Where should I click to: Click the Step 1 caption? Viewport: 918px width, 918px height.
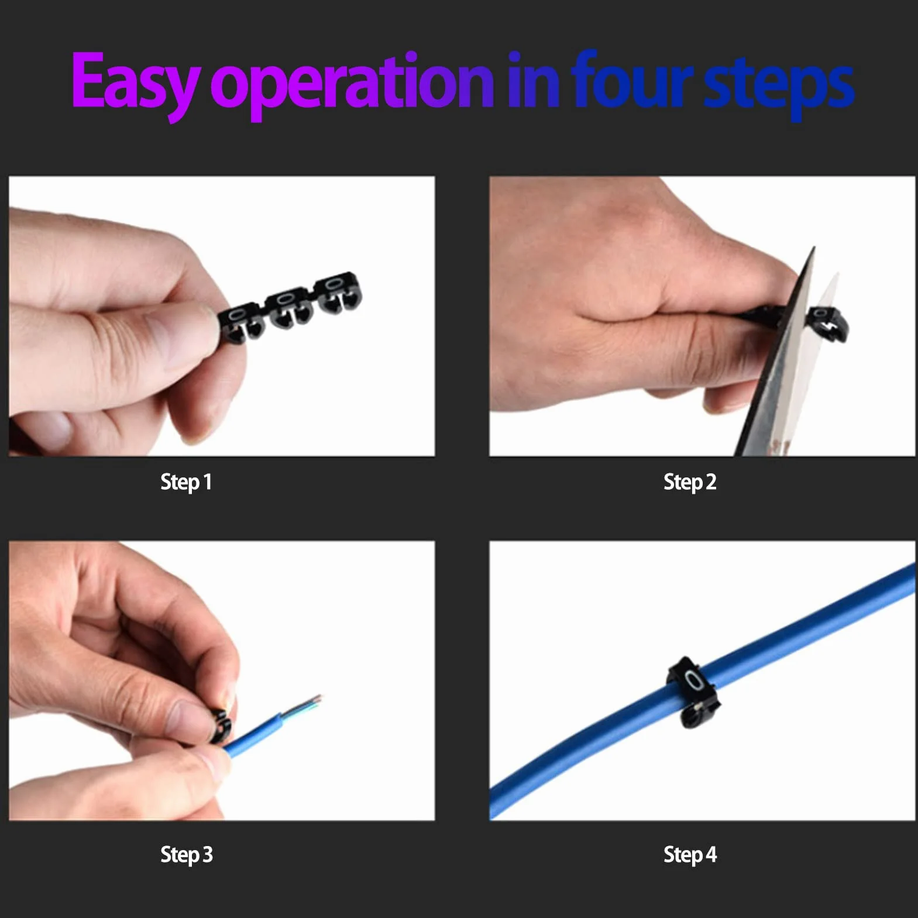(185, 482)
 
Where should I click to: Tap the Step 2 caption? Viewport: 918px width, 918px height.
(690, 482)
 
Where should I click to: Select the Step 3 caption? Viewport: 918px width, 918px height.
(186, 855)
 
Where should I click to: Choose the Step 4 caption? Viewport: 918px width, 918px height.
(690, 855)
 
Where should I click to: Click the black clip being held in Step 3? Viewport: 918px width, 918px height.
(219, 726)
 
